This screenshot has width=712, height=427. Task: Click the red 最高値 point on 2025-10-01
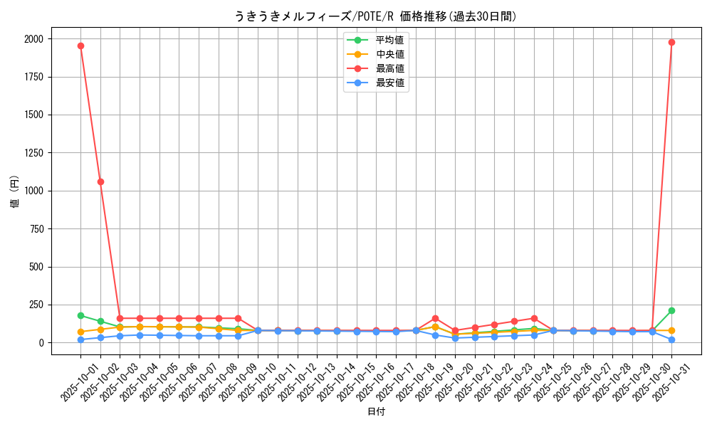(80, 46)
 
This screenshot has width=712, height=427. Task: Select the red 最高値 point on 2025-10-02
(100, 181)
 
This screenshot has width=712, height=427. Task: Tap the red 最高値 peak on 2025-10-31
(671, 42)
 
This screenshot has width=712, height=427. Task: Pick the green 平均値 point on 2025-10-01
(80, 315)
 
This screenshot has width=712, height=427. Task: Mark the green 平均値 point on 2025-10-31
(671, 310)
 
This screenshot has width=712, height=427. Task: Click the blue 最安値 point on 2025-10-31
(671, 339)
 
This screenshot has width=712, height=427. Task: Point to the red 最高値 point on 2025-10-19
(435, 318)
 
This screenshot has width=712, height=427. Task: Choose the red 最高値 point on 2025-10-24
(534, 318)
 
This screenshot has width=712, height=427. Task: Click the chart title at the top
(375, 16)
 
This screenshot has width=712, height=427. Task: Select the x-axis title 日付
(375, 412)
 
